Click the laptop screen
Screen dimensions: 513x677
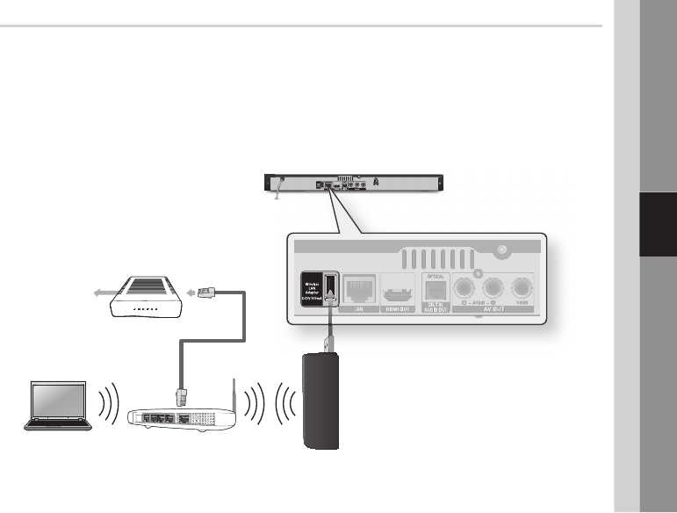(x=58, y=402)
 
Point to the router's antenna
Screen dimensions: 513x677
(x=233, y=390)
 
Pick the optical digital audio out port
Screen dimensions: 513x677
(x=436, y=289)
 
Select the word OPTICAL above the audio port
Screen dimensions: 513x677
(x=436, y=273)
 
